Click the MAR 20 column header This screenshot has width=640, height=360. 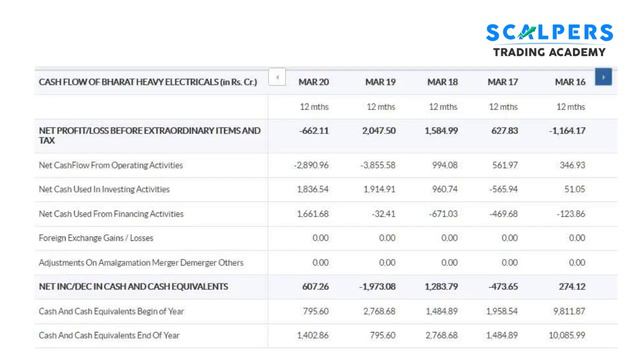(x=313, y=80)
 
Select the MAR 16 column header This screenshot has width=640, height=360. (x=569, y=80)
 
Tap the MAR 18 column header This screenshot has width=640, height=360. (x=442, y=80)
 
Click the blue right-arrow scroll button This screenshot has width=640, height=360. (x=603, y=77)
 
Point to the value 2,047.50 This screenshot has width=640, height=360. (x=376, y=130)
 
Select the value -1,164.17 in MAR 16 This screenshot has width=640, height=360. (x=566, y=130)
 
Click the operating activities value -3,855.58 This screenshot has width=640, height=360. (x=375, y=164)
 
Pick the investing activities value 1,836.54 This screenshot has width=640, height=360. (x=312, y=188)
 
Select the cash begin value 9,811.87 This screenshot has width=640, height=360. (x=567, y=310)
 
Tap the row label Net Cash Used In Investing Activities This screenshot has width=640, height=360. (x=104, y=188)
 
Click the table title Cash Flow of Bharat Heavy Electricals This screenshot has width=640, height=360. (x=146, y=80)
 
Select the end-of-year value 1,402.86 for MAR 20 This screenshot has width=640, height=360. (x=312, y=335)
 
